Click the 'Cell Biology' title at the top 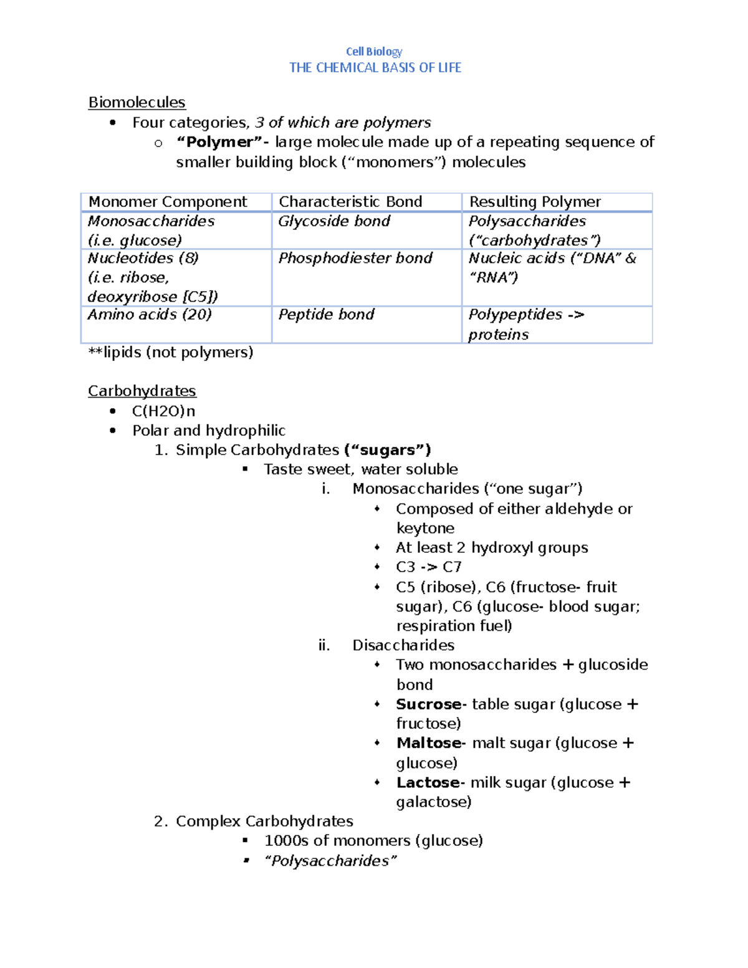click(x=374, y=52)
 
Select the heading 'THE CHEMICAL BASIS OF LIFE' click(x=375, y=68)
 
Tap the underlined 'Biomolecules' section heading click(x=137, y=102)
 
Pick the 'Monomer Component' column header click(x=168, y=202)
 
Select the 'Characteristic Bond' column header click(x=350, y=202)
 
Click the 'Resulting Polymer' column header click(x=535, y=202)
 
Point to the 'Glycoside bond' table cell click(x=334, y=221)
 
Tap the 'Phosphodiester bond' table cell click(x=355, y=258)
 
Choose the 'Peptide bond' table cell click(x=326, y=315)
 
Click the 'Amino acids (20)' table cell click(x=150, y=315)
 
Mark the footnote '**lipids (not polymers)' click(x=171, y=353)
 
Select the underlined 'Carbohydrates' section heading click(x=141, y=391)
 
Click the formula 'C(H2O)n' click(x=163, y=411)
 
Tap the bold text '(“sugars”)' click(x=387, y=450)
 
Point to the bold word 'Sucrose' click(x=429, y=704)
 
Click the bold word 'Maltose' click(x=429, y=743)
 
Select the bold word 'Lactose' click(x=428, y=783)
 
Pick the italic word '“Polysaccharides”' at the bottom click(x=330, y=861)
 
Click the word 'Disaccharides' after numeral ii click(x=403, y=645)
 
